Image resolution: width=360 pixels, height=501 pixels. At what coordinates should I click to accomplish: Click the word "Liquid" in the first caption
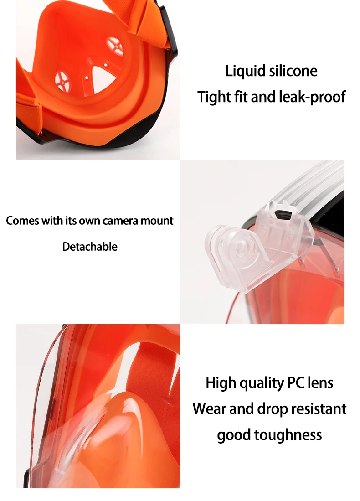tap(246, 71)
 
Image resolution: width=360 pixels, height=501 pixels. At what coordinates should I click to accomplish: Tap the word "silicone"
tap(293, 71)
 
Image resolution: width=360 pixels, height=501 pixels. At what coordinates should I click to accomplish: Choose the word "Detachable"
tap(90, 247)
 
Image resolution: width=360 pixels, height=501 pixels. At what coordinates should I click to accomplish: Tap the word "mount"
tap(157, 221)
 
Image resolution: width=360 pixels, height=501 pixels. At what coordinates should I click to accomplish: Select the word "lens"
tap(320, 383)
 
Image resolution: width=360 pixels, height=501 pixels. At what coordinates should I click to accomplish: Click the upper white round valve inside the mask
tap(115, 46)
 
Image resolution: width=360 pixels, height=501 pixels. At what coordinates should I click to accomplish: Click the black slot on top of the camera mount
tap(283, 214)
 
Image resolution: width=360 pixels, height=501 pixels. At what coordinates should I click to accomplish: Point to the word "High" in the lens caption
tap(221, 383)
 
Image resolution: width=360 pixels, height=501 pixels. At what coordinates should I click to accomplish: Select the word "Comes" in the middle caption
tap(22, 221)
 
